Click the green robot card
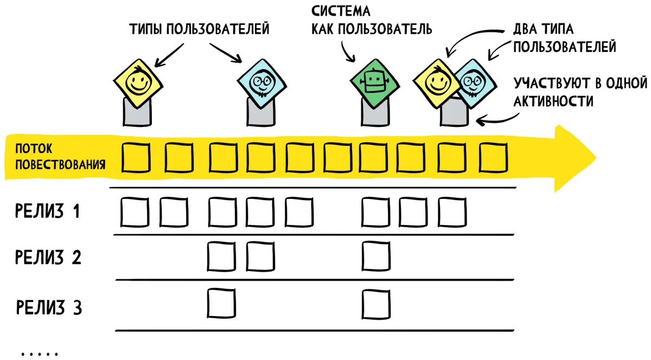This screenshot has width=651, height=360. point(375,83)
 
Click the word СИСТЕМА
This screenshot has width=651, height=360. point(341,11)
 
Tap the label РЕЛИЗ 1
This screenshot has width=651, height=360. point(47,211)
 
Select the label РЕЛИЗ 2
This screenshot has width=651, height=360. point(48,257)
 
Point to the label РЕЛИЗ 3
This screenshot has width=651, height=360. point(49,307)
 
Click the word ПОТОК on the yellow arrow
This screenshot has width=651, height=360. point(34,149)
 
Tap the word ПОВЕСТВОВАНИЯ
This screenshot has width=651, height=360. point(60,164)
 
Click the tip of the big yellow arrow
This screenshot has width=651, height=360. point(596,158)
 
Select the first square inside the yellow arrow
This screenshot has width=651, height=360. point(136,157)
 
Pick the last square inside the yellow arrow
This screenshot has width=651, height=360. point(493,157)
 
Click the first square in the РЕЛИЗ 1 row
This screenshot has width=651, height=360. point(135,212)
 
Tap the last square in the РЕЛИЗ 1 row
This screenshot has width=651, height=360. point(452,212)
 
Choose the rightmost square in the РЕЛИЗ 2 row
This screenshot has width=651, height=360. point(376,256)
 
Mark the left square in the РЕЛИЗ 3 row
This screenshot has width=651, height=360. point(221,303)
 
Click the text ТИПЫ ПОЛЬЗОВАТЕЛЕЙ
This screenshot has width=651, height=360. point(199,29)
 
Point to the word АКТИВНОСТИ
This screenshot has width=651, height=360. point(553,101)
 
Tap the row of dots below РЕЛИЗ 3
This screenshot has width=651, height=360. point(40,354)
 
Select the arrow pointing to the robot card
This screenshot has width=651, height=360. point(347,52)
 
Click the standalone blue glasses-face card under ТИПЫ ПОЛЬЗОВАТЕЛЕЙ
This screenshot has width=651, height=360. point(262,83)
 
